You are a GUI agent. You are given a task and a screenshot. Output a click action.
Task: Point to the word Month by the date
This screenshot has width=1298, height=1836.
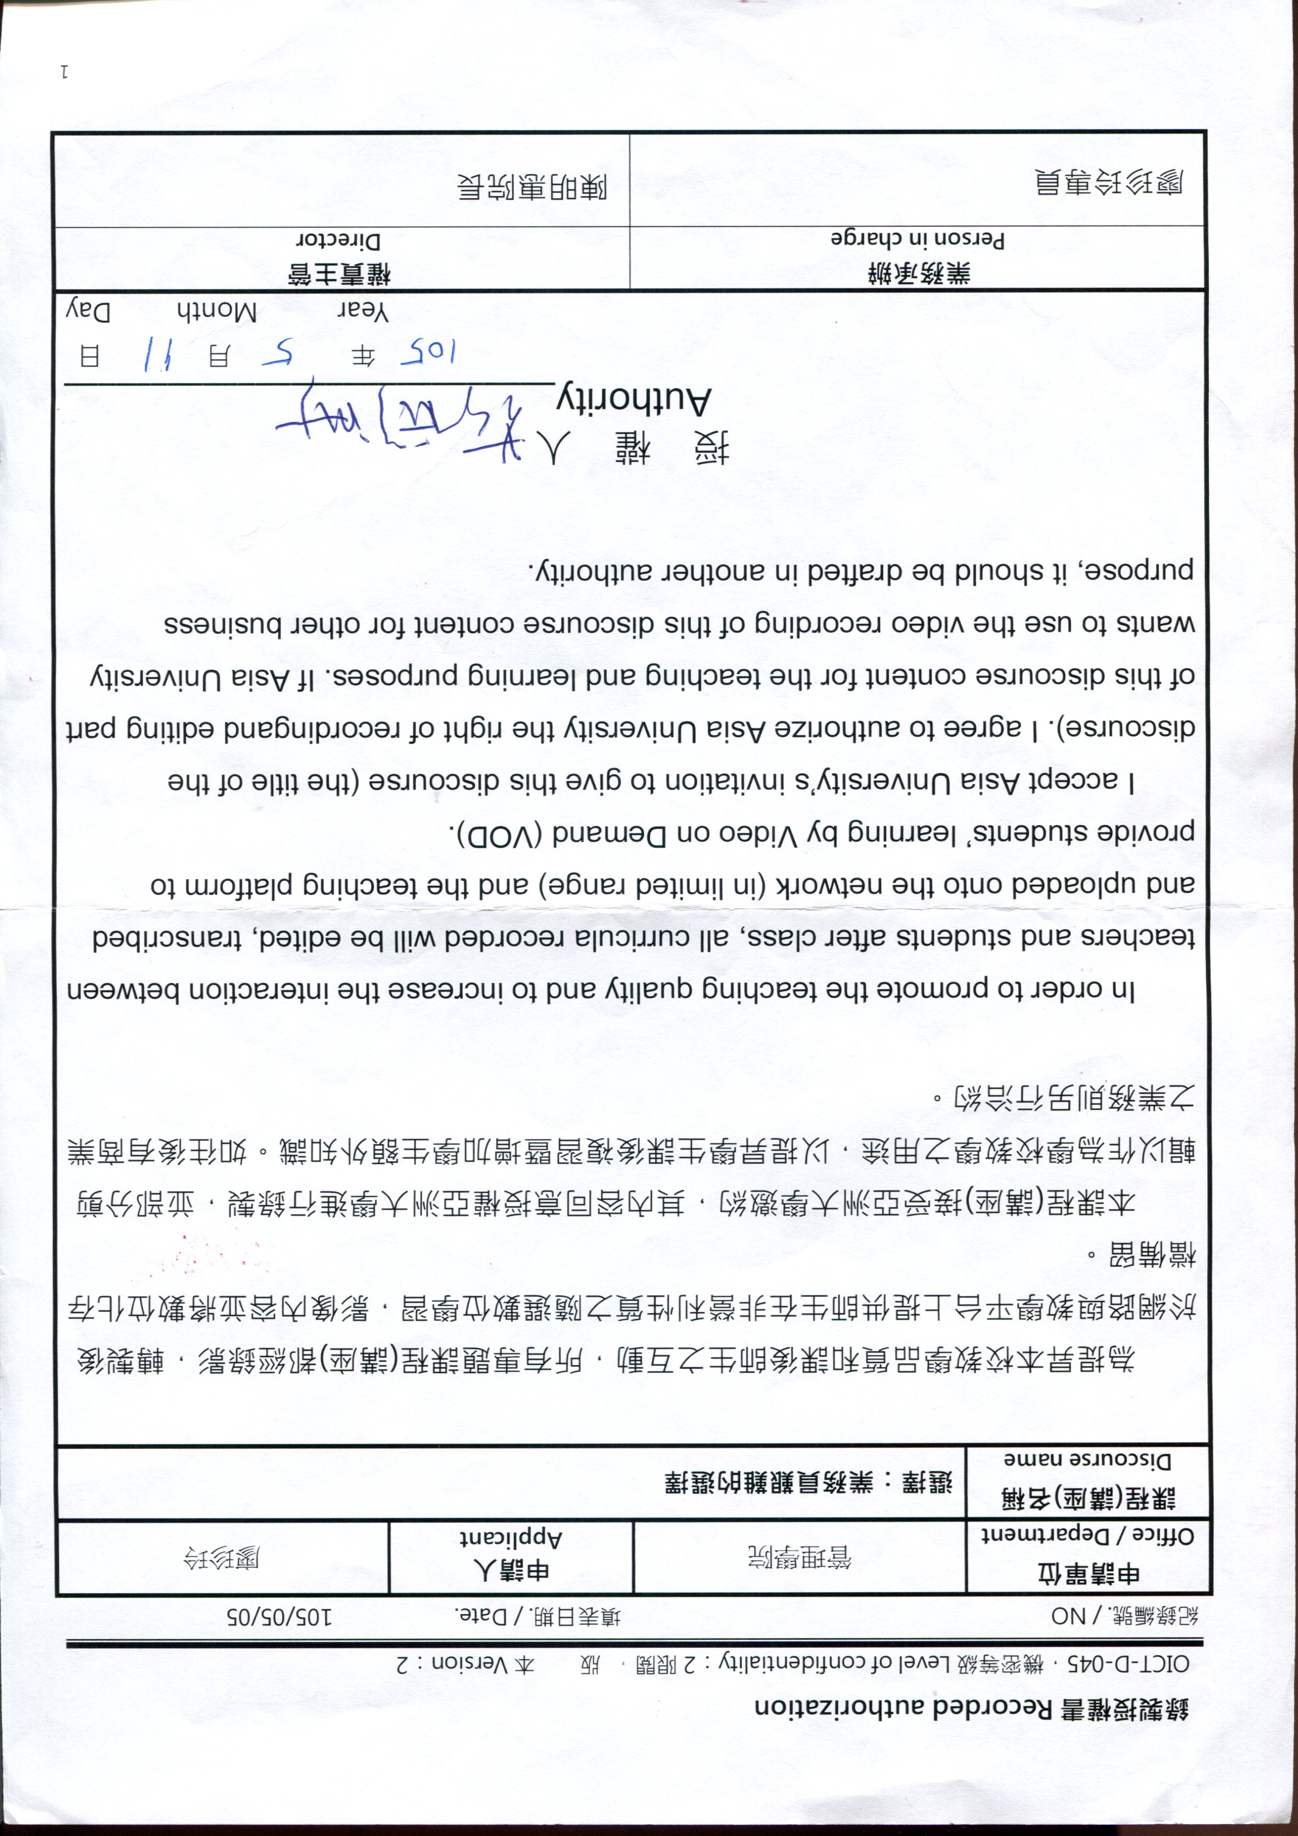(x=216, y=313)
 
